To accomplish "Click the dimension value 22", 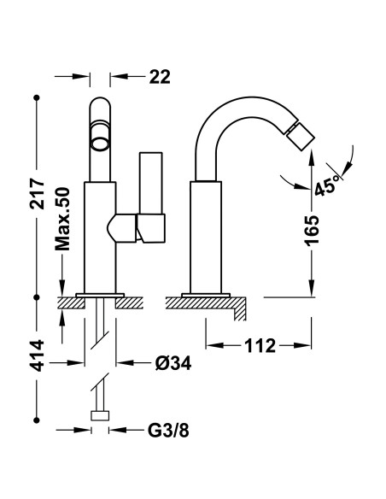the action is (x=160, y=77).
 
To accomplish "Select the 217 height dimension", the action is (x=37, y=194).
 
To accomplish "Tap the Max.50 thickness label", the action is (x=62, y=219).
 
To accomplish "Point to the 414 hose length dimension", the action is (x=37, y=355).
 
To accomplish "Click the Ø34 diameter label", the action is (x=173, y=363).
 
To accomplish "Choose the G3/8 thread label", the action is (x=168, y=431).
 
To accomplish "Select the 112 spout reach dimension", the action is (x=260, y=345).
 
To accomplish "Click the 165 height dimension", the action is (x=312, y=231).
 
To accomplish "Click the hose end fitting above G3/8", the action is (x=100, y=415).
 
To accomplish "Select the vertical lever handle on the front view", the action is (x=150, y=183).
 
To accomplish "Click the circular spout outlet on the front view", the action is (x=100, y=138).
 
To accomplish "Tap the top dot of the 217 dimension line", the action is (x=37, y=97).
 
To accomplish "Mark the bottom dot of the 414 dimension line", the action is (x=37, y=420).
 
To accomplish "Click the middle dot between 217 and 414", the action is (x=37, y=297).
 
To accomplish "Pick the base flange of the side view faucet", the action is (x=206, y=295).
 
